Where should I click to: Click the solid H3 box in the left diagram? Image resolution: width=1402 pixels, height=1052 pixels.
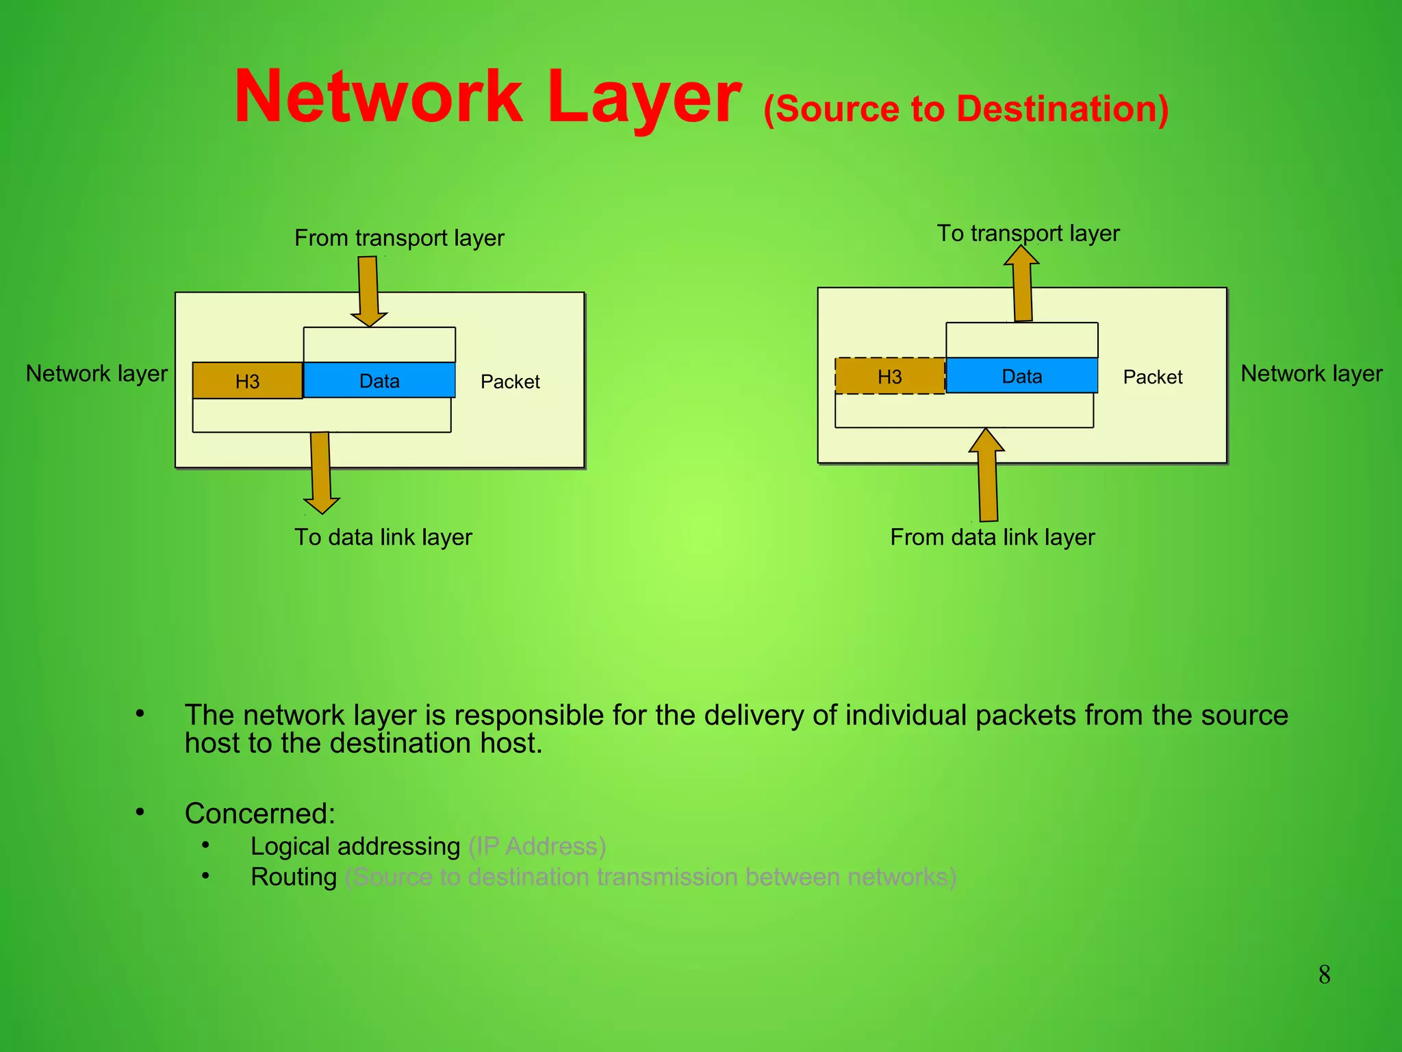click(x=247, y=381)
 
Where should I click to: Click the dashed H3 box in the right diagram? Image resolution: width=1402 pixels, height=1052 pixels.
click(x=889, y=376)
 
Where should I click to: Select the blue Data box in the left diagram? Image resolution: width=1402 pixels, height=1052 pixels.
click(x=379, y=380)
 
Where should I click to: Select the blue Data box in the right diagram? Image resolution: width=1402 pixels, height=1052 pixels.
click(x=1021, y=375)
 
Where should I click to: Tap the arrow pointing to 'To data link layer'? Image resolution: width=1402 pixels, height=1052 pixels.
click(x=321, y=473)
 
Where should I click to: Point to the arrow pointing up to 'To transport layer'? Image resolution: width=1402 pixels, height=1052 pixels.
click(x=1022, y=284)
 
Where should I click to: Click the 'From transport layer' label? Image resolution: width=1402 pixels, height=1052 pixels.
click(x=399, y=238)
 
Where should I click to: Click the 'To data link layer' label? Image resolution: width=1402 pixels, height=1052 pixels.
click(x=383, y=537)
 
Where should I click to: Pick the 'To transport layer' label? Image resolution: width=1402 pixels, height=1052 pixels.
click(x=1028, y=233)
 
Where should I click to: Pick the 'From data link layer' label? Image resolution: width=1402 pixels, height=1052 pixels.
click(x=992, y=537)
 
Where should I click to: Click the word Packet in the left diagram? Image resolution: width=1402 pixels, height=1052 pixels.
click(x=510, y=381)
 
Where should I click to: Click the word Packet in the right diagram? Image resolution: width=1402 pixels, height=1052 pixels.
click(x=1153, y=377)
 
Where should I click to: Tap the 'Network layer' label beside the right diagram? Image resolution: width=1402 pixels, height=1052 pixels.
click(x=1312, y=373)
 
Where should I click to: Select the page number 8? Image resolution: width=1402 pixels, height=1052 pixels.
click(x=1324, y=975)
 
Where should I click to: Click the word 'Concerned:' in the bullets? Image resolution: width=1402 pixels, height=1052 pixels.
click(x=260, y=814)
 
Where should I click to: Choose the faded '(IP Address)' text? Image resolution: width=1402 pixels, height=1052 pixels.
click(x=537, y=847)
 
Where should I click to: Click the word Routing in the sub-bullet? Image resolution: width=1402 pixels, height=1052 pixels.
click(x=294, y=877)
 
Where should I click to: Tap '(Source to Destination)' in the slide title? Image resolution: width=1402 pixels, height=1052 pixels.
click(x=966, y=109)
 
